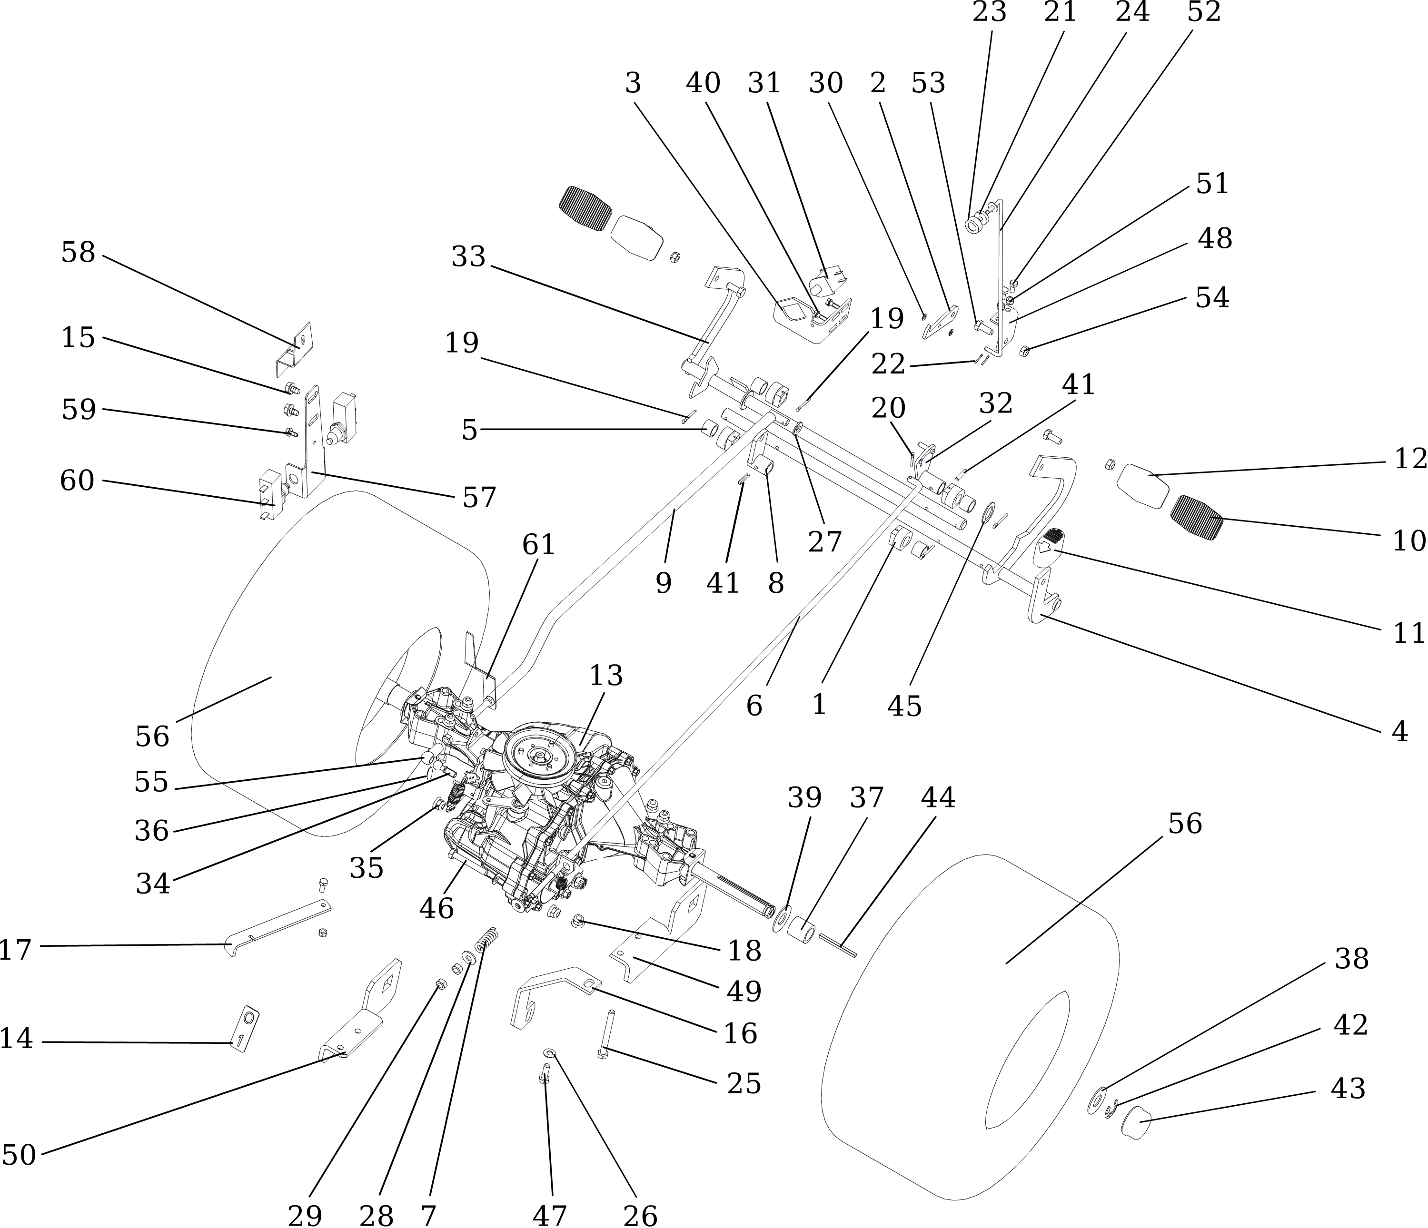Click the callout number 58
[x=78, y=253]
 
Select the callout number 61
[x=538, y=545]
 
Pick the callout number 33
[x=469, y=257]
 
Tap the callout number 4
[x=1400, y=732]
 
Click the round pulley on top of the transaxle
[x=539, y=755]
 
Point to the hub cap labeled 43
[x=1138, y=1123]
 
